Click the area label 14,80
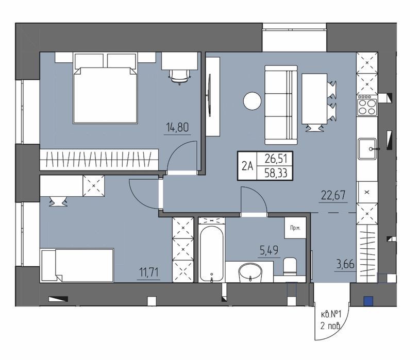[x=177, y=127]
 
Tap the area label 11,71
[x=148, y=272]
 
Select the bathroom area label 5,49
[x=269, y=250]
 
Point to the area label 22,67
[x=333, y=195]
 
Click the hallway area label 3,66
[x=345, y=264]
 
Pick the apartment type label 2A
[x=247, y=166]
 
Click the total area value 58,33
[x=276, y=173]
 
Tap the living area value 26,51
[x=276, y=159]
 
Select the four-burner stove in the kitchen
[x=367, y=105]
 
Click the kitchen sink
[x=367, y=149]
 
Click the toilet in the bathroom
[x=290, y=266]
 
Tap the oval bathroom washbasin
[x=250, y=272]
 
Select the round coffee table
[x=252, y=100]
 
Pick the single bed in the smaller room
[x=77, y=265]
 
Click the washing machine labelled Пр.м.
[x=295, y=228]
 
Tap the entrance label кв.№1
[x=331, y=314]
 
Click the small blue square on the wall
[x=368, y=301]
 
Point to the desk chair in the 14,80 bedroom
[x=179, y=76]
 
